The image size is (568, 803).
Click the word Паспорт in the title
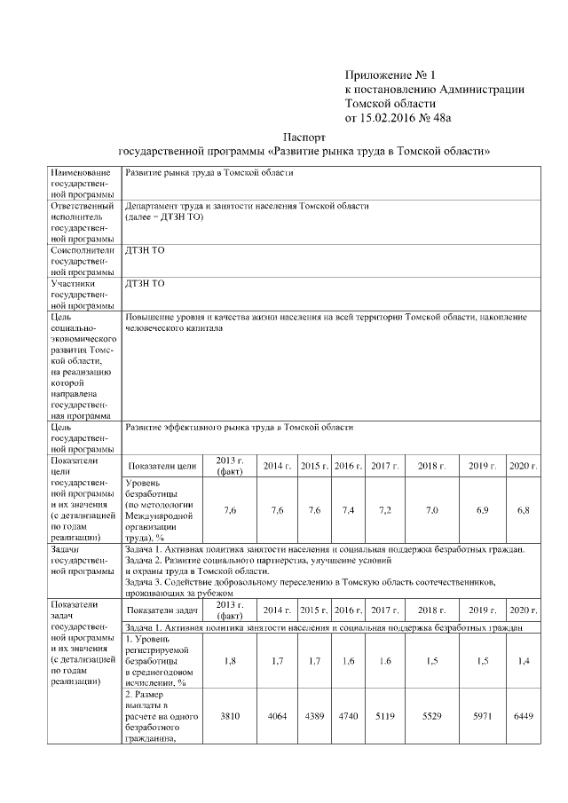coord(304,138)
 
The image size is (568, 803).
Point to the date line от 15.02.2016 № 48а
coord(404,116)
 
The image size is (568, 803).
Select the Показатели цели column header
coord(162,466)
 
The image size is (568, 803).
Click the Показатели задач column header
coord(162,610)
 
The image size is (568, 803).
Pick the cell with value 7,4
coord(347,510)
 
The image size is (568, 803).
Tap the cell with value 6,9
coord(482,510)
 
